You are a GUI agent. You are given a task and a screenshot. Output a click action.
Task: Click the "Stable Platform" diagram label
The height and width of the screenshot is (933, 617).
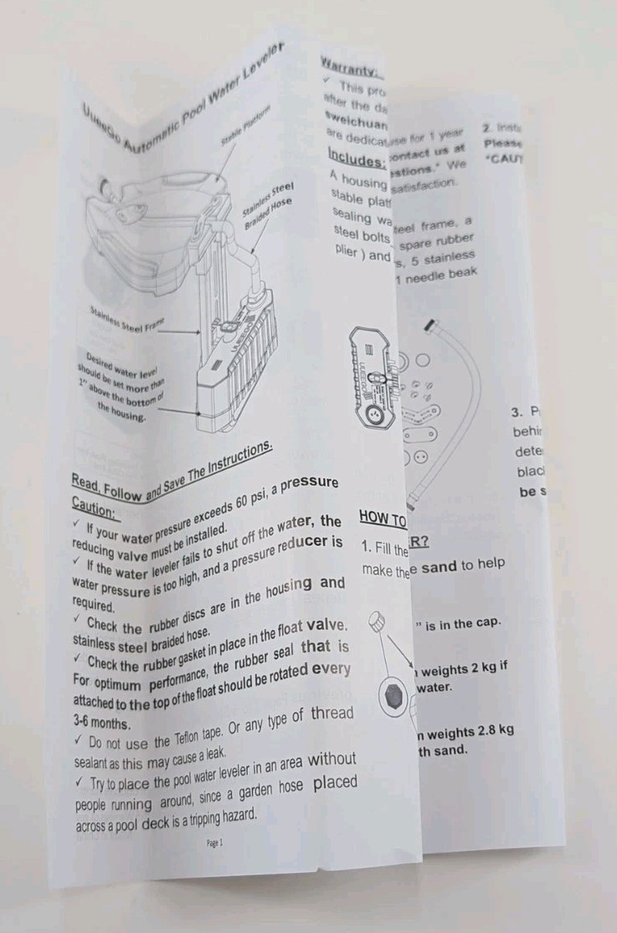[245, 124]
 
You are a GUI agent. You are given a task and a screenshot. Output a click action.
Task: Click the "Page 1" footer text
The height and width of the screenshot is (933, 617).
[214, 843]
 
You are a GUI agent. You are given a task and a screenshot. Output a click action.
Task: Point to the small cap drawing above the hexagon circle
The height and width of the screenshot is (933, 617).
[378, 624]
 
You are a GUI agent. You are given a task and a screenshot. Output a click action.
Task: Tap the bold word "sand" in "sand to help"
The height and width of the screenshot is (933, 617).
[439, 566]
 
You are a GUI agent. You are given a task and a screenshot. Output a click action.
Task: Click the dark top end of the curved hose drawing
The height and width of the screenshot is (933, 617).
[429, 324]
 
